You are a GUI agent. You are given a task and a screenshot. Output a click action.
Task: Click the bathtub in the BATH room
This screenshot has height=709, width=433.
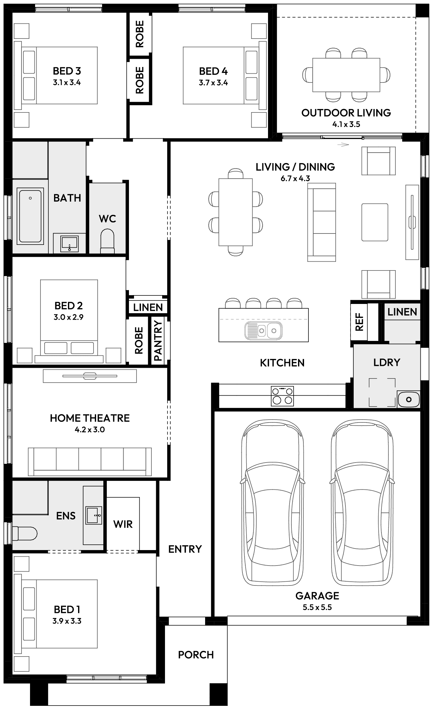pyautogui.click(x=30, y=216)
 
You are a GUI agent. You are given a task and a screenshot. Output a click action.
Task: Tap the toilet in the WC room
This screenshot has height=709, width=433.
pyautogui.click(x=107, y=242)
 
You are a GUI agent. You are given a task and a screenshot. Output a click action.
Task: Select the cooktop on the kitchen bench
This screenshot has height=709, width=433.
pyautogui.click(x=282, y=396)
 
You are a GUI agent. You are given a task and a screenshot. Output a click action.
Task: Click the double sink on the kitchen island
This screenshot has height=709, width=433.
pyautogui.click(x=263, y=330)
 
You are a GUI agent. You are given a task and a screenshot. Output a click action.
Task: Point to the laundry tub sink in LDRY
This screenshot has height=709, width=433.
pyautogui.click(x=409, y=400)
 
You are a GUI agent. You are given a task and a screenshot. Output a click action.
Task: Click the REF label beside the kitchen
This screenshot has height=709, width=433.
pyautogui.click(x=360, y=322)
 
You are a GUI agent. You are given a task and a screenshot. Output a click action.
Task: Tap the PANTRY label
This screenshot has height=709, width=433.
pyautogui.click(x=158, y=341)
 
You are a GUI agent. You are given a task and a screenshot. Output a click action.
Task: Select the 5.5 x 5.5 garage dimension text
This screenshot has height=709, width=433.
pyautogui.click(x=317, y=607)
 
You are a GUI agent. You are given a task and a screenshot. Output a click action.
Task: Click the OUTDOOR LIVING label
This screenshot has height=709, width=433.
pyautogui.click(x=346, y=113)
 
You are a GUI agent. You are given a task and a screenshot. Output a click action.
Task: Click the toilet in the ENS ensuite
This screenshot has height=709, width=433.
pyautogui.click(x=25, y=533)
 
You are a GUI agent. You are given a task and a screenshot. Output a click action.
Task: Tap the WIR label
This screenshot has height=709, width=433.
pyautogui.click(x=123, y=524)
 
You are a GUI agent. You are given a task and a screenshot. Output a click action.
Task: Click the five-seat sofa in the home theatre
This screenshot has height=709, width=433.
pyautogui.click(x=90, y=462)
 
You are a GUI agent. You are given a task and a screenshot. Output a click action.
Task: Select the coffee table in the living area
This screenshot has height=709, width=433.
pyautogui.click(x=375, y=222)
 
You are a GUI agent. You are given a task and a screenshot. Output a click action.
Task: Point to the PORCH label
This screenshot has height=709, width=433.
pyautogui.click(x=196, y=654)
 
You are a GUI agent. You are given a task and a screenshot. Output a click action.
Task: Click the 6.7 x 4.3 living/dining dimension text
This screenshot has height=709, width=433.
pyautogui.click(x=295, y=179)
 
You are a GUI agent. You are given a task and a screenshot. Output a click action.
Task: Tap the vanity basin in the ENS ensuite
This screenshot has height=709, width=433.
pyautogui.click(x=94, y=516)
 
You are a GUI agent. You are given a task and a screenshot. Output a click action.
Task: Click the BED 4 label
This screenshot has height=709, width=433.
pyautogui.click(x=213, y=71)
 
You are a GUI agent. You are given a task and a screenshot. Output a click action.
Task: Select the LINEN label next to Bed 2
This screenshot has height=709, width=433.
pyautogui.click(x=148, y=307)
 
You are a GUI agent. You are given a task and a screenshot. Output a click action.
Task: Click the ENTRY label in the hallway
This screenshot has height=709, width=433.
pyautogui.click(x=185, y=549)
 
